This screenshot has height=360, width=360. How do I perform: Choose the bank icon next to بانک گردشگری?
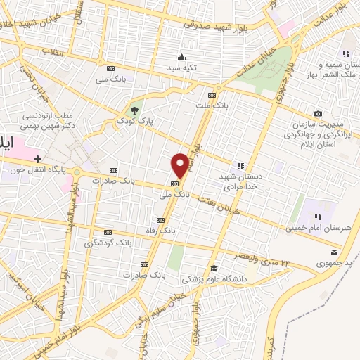click(108, 232)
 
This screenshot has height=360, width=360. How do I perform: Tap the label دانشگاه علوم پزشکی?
click(210, 279)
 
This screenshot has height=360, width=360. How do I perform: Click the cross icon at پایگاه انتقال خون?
click(37, 160)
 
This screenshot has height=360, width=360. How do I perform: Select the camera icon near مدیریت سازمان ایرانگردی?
click(318, 114)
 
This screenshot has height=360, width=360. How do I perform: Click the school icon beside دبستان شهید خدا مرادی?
click(241, 166)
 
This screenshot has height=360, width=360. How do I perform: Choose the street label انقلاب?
click(32, 51)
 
